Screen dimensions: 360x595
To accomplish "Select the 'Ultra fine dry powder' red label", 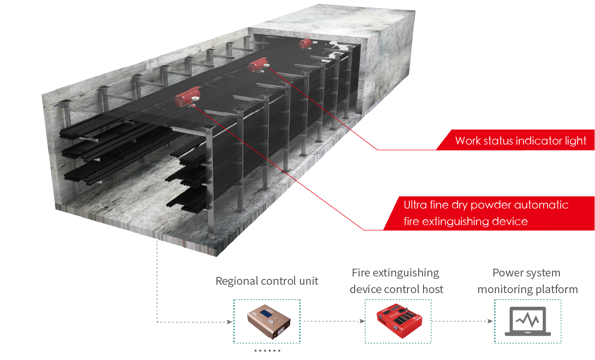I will coord(486,212).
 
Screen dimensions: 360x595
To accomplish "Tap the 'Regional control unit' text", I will coord(267,281).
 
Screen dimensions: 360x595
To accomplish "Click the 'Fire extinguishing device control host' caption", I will coord(396,281).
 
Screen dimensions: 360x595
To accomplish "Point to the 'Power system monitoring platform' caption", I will coord(528,281).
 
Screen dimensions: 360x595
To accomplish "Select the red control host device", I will coord(398,320).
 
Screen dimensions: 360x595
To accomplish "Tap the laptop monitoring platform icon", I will coord(528,321).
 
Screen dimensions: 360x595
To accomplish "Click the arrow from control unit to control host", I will coord(335,321).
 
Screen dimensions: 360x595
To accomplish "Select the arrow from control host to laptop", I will coord(462,321).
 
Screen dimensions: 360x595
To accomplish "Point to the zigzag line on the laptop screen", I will coord(528,319).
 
